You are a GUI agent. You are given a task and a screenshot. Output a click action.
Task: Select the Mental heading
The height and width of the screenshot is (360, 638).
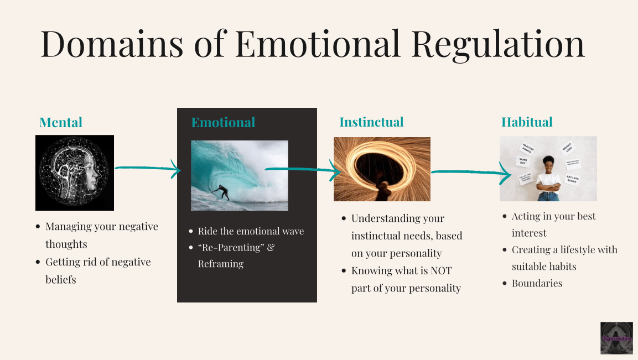click(61, 122)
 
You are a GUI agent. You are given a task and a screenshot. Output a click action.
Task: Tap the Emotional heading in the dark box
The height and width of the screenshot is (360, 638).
click(223, 122)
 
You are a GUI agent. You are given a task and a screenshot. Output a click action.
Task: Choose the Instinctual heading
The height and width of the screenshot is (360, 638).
click(371, 122)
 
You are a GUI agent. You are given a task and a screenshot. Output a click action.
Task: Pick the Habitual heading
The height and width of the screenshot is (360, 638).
click(527, 122)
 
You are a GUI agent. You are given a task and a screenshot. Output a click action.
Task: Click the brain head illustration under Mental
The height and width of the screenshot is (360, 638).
click(75, 173)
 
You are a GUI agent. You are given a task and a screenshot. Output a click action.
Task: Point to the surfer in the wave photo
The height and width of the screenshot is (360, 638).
click(221, 192)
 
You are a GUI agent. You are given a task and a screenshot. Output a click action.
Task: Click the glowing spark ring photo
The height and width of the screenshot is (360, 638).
click(382, 169)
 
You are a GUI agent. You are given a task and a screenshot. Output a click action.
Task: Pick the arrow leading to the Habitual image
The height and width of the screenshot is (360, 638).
click(470, 174)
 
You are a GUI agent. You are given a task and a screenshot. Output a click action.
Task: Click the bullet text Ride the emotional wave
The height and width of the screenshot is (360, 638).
click(251, 231)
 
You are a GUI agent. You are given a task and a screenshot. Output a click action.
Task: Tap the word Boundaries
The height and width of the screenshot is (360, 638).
click(537, 283)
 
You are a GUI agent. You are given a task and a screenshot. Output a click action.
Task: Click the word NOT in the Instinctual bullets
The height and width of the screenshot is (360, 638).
click(440, 271)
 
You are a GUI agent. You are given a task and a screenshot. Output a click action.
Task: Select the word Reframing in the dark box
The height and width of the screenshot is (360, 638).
click(221, 264)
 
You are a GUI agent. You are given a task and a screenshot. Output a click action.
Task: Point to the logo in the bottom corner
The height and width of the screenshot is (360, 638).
click(616, 338)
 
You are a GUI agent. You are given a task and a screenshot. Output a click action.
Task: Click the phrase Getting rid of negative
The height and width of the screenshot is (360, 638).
click(98, 262)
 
